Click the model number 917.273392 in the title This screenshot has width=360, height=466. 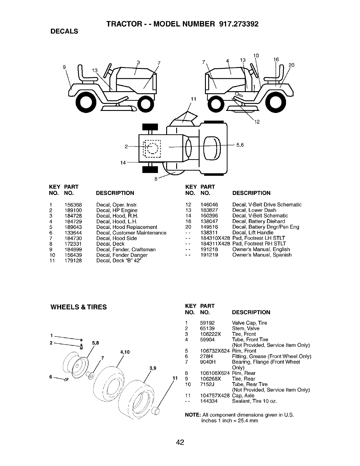click(239, 24)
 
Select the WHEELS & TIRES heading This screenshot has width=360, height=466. click(79, 307)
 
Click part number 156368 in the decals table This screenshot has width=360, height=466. click(73, 205)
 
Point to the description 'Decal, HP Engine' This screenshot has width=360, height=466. click(117, 210)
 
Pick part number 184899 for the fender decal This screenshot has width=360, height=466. click(73, 249)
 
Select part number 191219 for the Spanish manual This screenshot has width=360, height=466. click(209, 255)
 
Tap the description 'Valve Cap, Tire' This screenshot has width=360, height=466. click(249, 323)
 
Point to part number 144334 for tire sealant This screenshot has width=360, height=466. click(209, 401)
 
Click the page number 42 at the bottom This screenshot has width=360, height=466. click(180, 442)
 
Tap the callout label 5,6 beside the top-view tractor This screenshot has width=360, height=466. click(240, 145)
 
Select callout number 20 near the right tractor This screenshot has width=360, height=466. click(291, 65)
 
